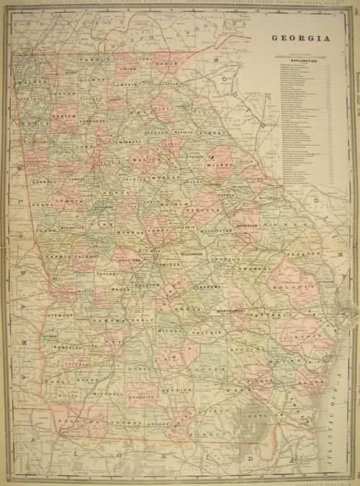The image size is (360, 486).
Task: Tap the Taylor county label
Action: point(106,274)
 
